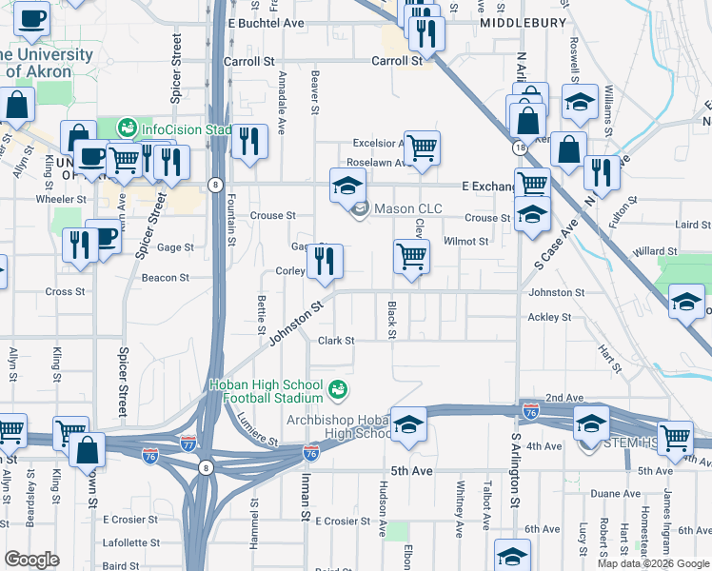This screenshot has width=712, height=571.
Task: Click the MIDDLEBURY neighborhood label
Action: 524,22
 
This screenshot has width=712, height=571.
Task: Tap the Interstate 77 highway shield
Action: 188,443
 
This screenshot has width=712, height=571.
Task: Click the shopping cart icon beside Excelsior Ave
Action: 421,148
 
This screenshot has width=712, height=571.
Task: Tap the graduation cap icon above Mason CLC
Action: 347,184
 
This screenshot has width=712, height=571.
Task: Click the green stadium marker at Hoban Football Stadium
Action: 337,388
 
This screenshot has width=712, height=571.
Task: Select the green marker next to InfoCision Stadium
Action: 128,127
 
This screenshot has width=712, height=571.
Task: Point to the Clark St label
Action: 336,341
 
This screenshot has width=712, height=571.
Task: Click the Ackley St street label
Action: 549,317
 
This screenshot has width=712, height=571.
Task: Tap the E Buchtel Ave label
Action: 267,22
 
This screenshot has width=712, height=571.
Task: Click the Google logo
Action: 31,560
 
